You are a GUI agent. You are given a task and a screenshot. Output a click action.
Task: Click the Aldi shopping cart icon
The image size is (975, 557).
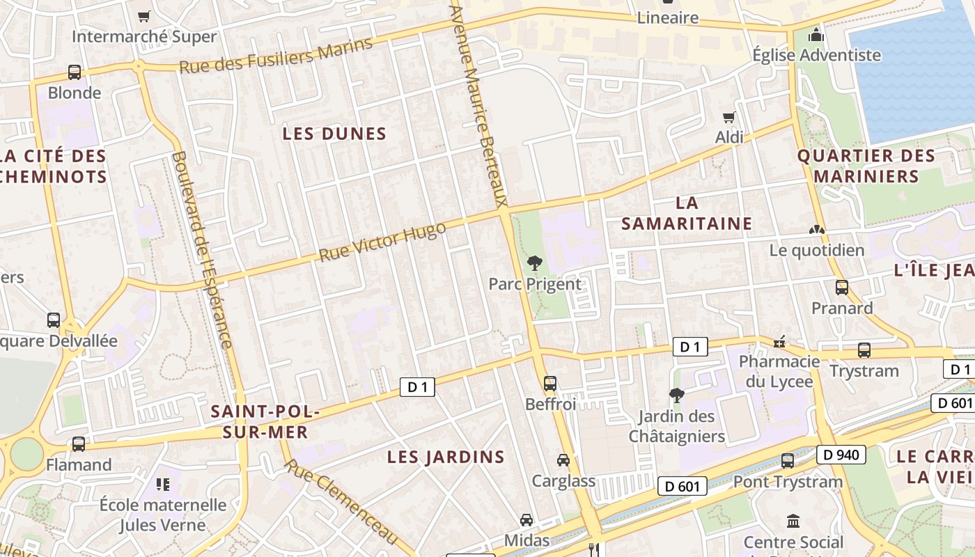click(x=729, y=117)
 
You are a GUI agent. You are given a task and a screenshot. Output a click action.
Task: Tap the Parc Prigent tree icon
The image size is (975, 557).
click(x=535, y=263)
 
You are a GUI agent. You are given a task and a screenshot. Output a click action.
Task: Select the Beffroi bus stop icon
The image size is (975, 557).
click(x=550, y=383)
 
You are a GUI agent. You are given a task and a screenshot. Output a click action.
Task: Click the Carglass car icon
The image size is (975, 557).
click(x=563, y=460)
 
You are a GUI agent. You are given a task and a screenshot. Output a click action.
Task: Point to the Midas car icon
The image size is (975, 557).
click(x=526, y=519)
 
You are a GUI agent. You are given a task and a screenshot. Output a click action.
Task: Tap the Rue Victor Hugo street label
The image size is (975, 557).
click(x=382, y=242)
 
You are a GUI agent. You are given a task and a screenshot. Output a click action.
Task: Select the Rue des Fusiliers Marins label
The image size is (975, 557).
click(x=276, y=56)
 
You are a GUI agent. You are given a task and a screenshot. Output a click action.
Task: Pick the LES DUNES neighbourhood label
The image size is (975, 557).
click(x=334, y=134)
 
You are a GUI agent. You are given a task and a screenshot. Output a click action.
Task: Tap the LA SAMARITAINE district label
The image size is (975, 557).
click(x=687, y=213)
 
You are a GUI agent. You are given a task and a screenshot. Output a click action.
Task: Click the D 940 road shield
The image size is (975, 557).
click(x=841, y=455)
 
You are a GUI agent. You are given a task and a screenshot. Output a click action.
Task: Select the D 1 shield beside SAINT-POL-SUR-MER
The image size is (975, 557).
click(x=417, y=387)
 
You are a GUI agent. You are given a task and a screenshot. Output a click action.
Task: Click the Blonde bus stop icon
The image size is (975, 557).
click(x=75, y=72)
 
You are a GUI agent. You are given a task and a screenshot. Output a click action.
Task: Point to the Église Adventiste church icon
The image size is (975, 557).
click(x=816, y=34)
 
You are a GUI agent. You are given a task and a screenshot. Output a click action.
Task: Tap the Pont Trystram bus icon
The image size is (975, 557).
click(x=788, y=460)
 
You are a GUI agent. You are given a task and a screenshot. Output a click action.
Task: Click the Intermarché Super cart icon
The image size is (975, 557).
click(x=144, y=15)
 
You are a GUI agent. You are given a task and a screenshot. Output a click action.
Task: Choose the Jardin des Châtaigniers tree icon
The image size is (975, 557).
click(x=676, y=395)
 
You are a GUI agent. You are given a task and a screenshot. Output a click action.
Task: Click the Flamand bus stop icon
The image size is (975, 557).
click(x=79, y=444)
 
